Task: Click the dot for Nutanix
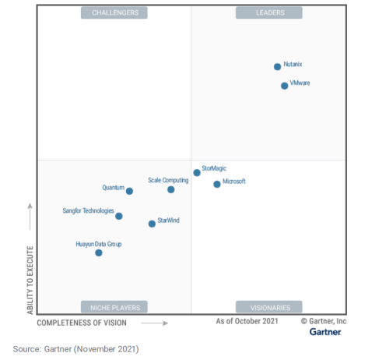[x=277, y=67]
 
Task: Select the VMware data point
[x=284, y=86]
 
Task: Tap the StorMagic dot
[x=197, y=172]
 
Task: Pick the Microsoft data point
[x=217, y=184]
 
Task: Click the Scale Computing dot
[x=170, y=189]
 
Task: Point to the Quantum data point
[x=129, y=191]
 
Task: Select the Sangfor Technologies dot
[x=119, y=216]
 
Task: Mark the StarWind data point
[x=152, y=224]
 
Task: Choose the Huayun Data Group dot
[x=99, y=252]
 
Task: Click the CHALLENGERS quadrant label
[x=114, y=12]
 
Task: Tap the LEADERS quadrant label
[x=269, y=12]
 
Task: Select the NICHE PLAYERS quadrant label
[x=114, y=307]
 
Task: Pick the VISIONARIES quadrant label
[x=269, y=307]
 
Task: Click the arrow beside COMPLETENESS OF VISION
[x=155, y=323]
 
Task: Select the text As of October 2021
[x=247, y=321]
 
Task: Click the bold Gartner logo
[x=325, y=332]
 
